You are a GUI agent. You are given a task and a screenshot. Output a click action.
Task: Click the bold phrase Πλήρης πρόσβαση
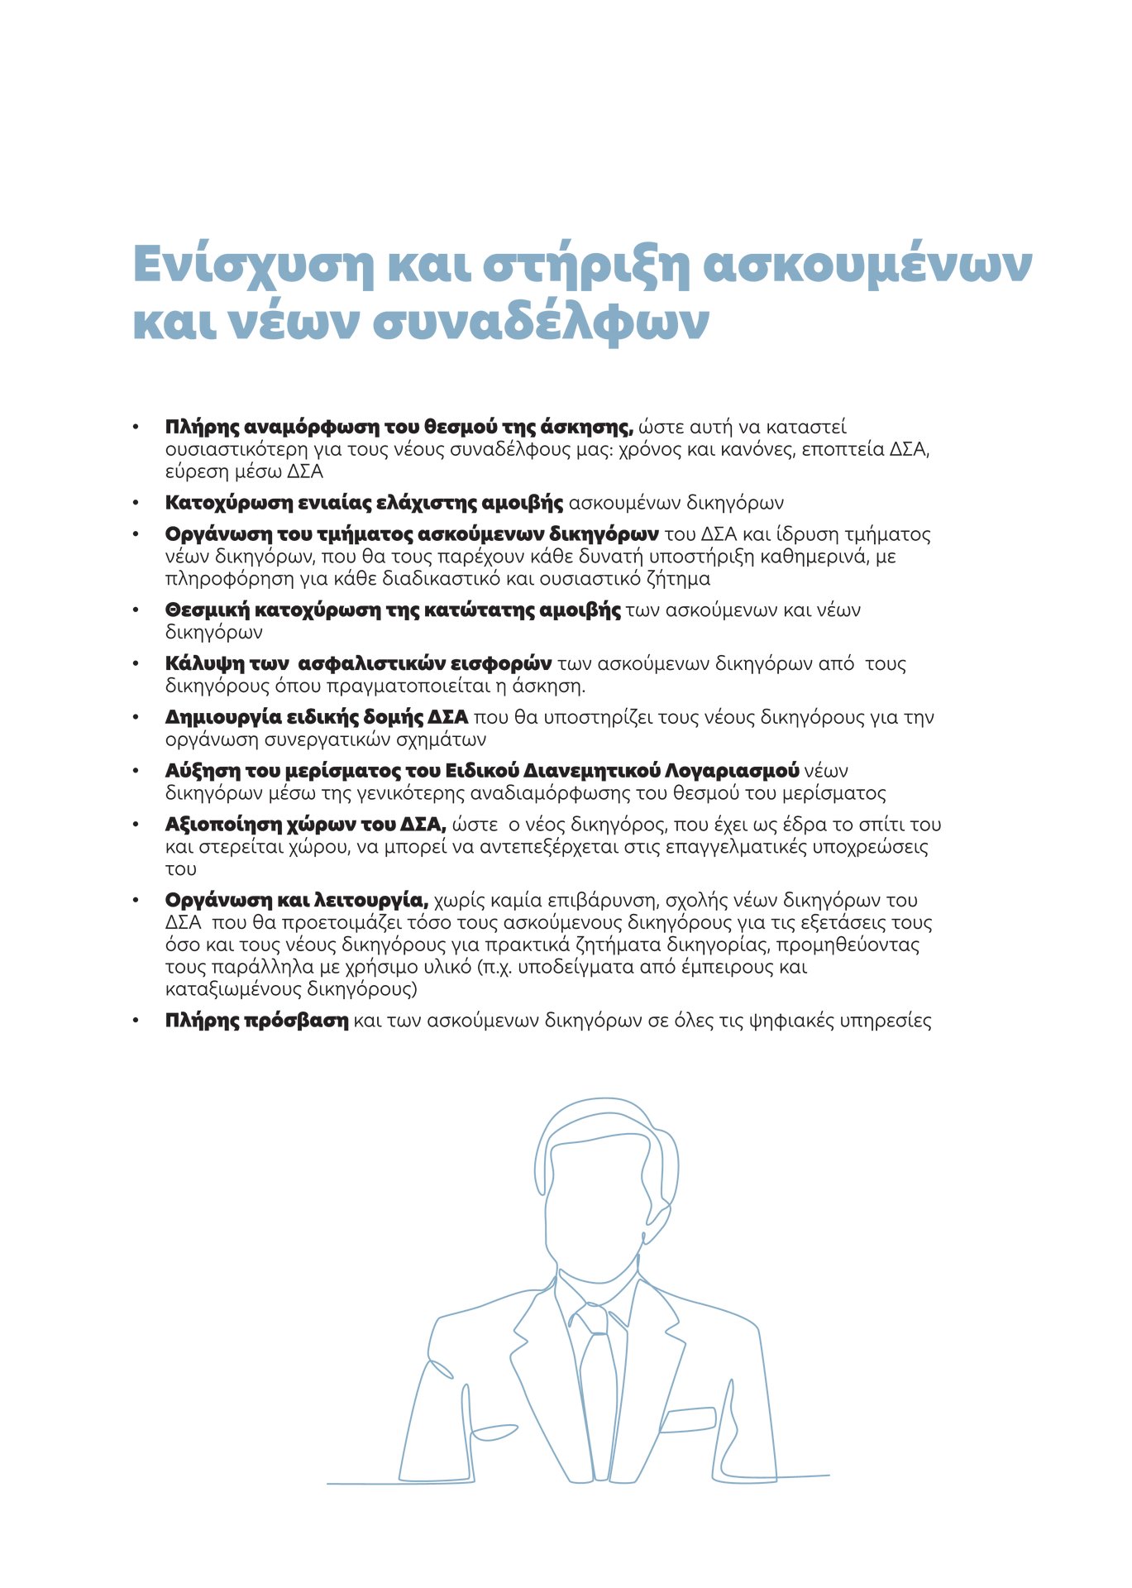[256, 1021]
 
